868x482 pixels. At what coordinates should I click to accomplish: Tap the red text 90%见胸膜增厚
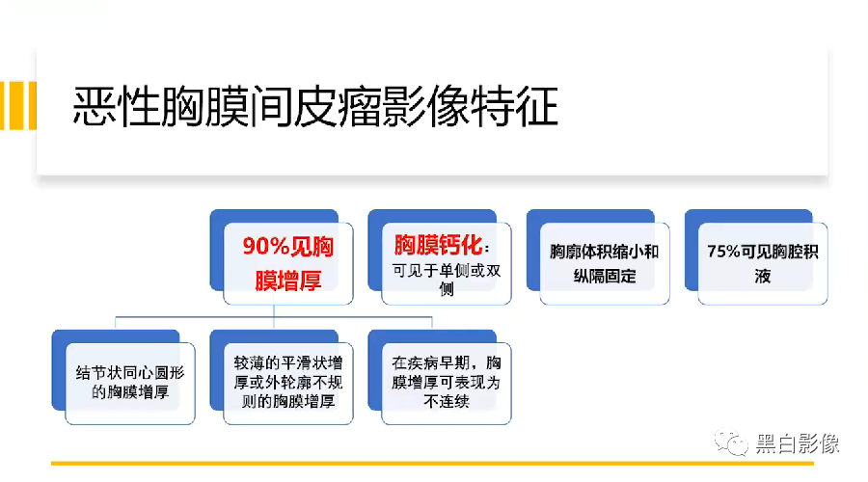287,262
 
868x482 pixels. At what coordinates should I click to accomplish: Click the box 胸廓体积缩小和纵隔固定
604,263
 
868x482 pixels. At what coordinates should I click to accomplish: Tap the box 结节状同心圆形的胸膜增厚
130,383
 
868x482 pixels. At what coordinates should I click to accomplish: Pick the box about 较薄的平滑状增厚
287,383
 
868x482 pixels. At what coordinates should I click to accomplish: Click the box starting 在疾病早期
447,383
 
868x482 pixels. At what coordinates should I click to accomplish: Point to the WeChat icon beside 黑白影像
729,443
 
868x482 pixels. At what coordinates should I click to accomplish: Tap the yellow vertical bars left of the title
17,106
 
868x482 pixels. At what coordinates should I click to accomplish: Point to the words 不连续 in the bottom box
447,401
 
